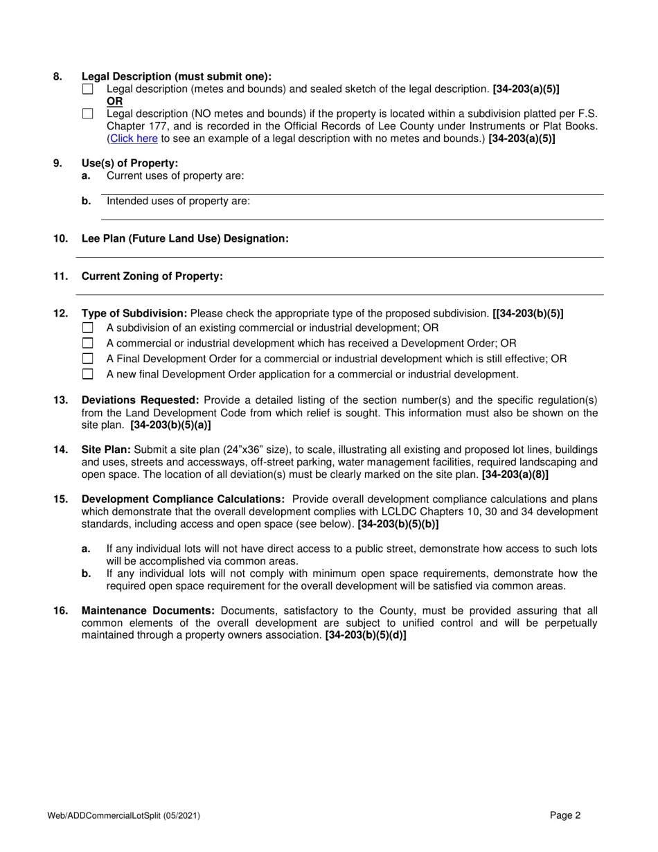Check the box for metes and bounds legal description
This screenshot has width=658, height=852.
(87, 89)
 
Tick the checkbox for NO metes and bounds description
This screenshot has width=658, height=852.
(87, 114)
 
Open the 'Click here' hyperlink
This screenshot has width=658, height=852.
(134, 139)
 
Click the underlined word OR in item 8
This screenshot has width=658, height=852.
(114, 101)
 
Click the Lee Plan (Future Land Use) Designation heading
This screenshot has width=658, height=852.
(185, 238)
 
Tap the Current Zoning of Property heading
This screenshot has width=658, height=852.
(152, 276)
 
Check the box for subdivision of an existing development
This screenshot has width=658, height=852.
(87, 328)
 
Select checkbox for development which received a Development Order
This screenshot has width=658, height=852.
(87, 344)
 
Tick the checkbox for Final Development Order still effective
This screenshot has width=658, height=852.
(87, 359)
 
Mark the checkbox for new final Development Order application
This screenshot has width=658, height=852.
(87, 375)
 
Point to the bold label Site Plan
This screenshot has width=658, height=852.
(106, 450)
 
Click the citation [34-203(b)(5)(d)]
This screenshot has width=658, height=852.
(366, 635)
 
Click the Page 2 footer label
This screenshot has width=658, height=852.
(565, 815)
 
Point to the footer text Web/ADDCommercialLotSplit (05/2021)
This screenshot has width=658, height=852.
(124, 816)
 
